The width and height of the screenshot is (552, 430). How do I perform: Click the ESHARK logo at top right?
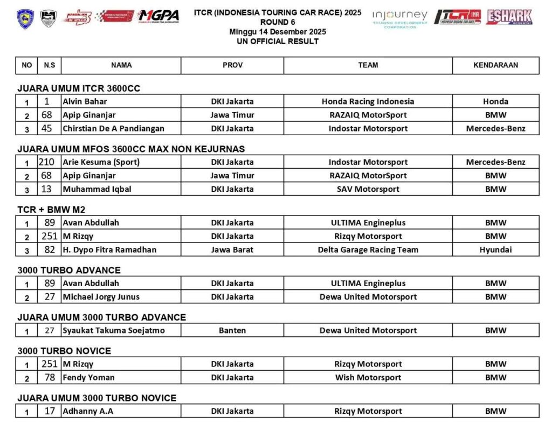(509, 17)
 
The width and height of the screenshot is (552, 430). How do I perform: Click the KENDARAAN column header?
(495, 65)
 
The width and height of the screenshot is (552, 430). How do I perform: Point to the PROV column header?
(232, 65)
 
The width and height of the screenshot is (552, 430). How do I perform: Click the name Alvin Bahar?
(85, 101)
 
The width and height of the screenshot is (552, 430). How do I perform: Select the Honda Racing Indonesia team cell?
(368, 101)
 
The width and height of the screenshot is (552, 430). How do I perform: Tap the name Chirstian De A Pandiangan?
(113, 128)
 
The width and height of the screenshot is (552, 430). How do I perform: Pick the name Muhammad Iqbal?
(97, 189)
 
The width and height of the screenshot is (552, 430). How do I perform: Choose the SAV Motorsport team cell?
(368, 189)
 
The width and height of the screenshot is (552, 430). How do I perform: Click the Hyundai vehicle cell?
(495, 249)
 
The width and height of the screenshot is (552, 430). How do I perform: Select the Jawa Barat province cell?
(232, 249)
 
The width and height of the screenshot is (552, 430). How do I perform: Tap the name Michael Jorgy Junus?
(101, 296)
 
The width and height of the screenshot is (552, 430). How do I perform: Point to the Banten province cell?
(232, 330)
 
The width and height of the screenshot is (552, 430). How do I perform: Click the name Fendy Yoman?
(89, 377)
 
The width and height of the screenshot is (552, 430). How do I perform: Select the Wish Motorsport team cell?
(368, 377)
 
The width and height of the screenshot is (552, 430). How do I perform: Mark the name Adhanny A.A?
(88, 411)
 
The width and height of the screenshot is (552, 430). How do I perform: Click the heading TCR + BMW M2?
(51, 210)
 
